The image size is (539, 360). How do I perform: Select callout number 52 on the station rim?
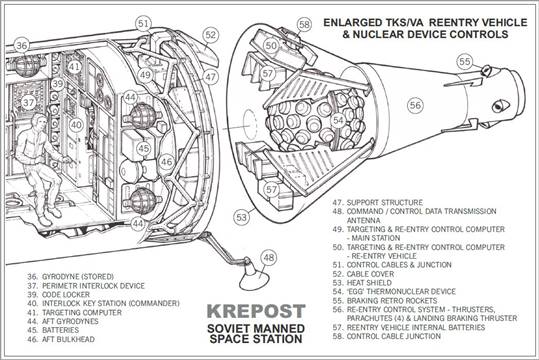pyautogui.click(x=209, y=35)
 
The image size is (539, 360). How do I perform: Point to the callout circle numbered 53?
pyautogui.click(x=242, y=215)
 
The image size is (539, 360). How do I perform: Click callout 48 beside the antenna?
pyautogui.click(x=268, y=257)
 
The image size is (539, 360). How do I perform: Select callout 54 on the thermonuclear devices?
pyautogui.click(x=339, y=120)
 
